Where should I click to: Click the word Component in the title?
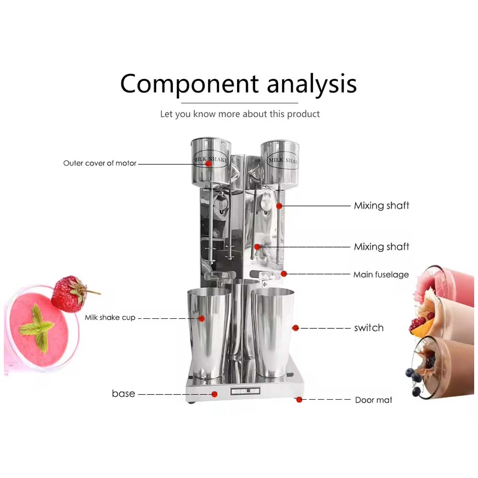point(190,84)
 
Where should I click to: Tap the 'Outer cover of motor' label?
point(100,163)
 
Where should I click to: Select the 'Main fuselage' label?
point(381,275)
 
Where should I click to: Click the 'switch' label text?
point(369,328)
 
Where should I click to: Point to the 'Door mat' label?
point(373,400)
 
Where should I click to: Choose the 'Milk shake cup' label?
point(110,317)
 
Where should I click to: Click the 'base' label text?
point(123,394)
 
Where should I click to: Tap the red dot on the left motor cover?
point(208,163)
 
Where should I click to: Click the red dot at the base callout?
point(215,394)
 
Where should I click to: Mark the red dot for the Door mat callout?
point(299,400)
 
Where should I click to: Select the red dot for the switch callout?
point(295,328)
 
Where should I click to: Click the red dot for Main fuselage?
point(283,274)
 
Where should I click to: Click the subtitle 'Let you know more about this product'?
point(239,114)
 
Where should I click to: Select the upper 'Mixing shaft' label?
point(381,206)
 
